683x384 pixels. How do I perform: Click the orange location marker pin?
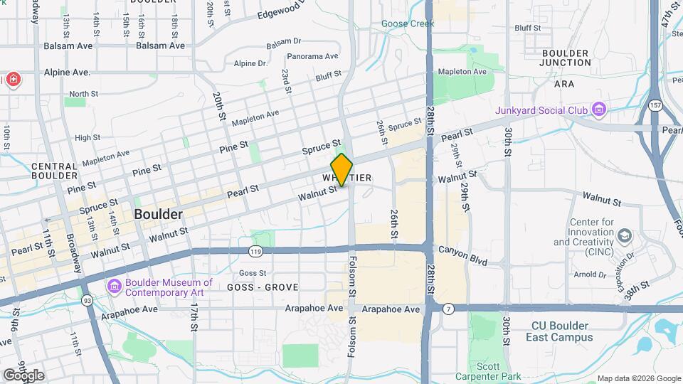point(341,170)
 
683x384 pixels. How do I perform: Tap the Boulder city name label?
point(158,214)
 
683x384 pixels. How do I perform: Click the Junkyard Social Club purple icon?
point(599,110)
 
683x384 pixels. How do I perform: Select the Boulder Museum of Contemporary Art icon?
point(114,286)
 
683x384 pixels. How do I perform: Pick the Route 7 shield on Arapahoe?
point(448,309)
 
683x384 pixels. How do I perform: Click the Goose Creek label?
point(408,23)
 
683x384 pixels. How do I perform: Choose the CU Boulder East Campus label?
point(562,331)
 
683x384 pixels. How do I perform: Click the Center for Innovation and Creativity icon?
point(624,235)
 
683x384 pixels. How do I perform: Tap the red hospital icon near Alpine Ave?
point(12,79)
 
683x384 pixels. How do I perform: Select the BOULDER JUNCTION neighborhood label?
point(566,58)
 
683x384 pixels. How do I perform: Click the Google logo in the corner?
point(23,375)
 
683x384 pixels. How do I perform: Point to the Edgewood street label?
point(279,14)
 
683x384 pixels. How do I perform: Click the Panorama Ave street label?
point(312,56)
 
